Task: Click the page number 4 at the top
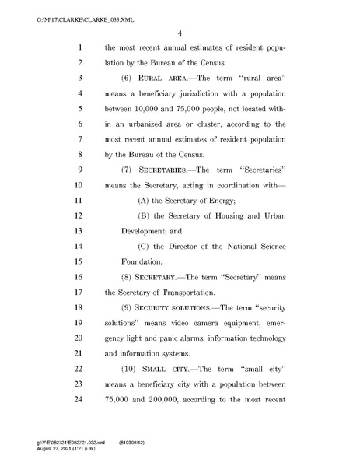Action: pos(179,32)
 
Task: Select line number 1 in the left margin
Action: pos(79,48)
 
